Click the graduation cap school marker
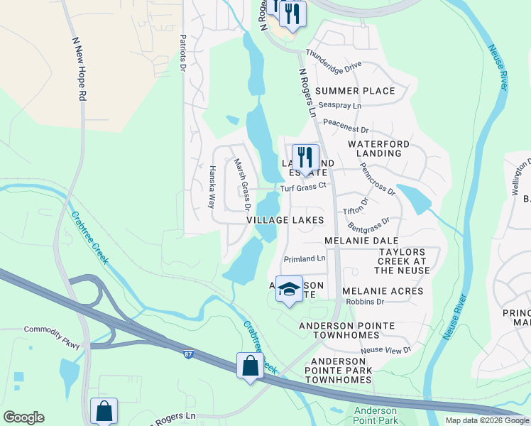289,289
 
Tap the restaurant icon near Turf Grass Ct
305,158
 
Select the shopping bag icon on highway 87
250,366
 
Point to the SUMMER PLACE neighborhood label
355,91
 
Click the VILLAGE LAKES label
285,221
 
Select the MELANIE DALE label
361,241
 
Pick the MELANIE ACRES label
383,291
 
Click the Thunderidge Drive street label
334,60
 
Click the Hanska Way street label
211,187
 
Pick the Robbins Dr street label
365,302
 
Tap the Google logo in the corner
23,417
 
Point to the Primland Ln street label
304,259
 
